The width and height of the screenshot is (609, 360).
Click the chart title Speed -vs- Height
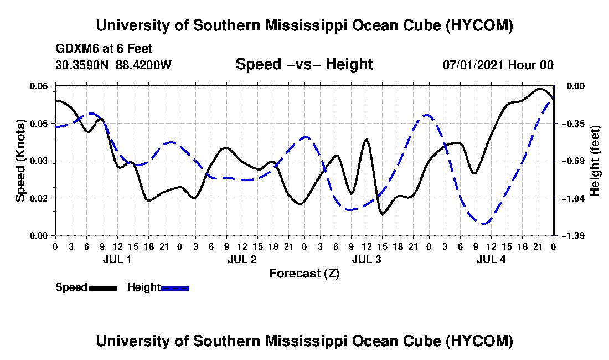[x=304, y=64]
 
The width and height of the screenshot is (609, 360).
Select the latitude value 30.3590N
[x=82, y=64]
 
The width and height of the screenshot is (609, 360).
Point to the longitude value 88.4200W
[x=143, y=64]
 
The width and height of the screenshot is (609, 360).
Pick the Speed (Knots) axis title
[x=20, y=161]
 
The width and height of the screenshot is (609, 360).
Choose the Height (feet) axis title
[x=595, y=161]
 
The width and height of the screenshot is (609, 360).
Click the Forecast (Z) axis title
[x=304, y=274]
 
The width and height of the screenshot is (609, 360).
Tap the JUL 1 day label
[x=117, y=259]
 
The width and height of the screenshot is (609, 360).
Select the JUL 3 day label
[x=367, y=259]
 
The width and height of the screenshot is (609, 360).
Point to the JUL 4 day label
[x=491, y=259]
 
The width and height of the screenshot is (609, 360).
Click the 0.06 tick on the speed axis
[x=38, y=86]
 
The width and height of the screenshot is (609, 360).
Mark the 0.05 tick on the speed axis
[x=38, y=124]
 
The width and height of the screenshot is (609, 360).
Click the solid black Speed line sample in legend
[x=103, y=288]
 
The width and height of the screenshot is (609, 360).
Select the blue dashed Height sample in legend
[x=175, y=288]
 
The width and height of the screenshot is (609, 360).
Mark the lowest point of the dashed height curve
[x=483, y=224]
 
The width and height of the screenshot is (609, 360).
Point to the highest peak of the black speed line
[x=539, y=89]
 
